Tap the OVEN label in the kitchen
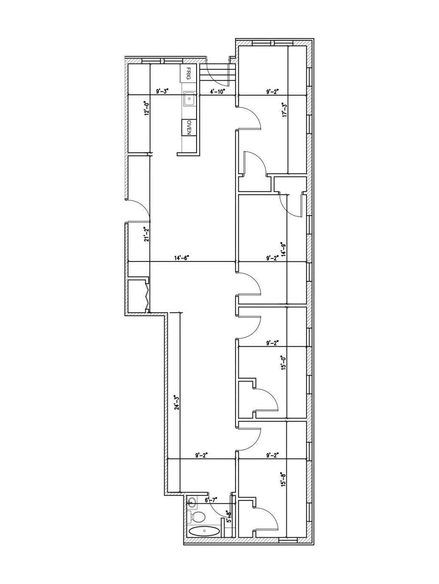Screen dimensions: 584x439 pos(189,127)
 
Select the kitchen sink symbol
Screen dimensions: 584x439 pos(189,99)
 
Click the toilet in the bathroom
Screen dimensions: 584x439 pos(198,517)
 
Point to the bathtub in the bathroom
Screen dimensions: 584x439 pos(204,531)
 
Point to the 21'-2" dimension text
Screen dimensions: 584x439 pos(146,234)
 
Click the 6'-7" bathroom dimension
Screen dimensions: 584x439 pos(211,501)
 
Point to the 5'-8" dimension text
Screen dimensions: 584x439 pos(228,517)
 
